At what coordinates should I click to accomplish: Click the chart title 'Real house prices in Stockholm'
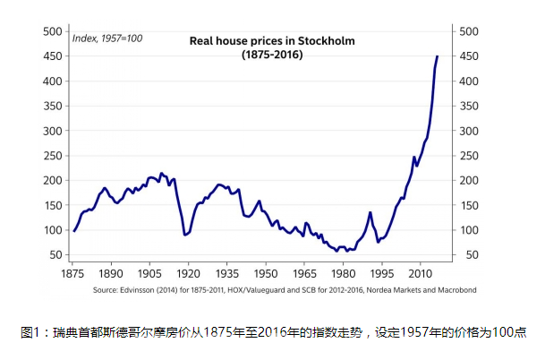pos(271,40)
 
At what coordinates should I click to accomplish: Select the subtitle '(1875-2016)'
pos(271,55)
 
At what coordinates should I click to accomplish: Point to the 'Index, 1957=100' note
pos(106,38)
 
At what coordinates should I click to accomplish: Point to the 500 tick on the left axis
pos(52,31)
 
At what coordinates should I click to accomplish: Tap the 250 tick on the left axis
pos(52,156)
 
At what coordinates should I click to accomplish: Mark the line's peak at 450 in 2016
pos(437,56)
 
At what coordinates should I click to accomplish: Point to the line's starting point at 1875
pos(74,231)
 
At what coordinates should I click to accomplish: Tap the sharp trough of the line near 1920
pos(185,235)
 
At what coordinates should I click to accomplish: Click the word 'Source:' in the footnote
pos(106,290)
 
